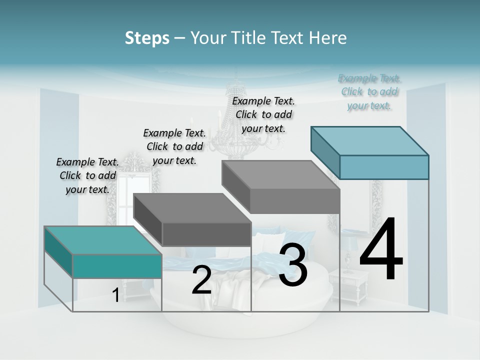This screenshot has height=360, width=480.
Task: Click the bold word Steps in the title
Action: (x=147, y=38)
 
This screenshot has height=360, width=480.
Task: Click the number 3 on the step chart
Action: (x=293, y=265)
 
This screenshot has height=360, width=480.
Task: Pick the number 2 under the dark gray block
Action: (x=201, y=280)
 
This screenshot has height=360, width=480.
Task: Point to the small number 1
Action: (x=115, y=295)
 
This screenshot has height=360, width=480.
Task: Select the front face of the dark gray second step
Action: (x=206, y=234)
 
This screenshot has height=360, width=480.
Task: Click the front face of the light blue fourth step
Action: (x=384, y=167)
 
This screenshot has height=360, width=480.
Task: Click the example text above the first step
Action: (x=87, y=175)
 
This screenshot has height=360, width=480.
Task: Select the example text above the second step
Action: (x=174, y=146)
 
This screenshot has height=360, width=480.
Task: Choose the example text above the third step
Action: (x=263, y=114)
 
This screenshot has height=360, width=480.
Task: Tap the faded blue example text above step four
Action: (x=369, y=91)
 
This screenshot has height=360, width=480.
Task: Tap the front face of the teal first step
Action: (x=117, y=266)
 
